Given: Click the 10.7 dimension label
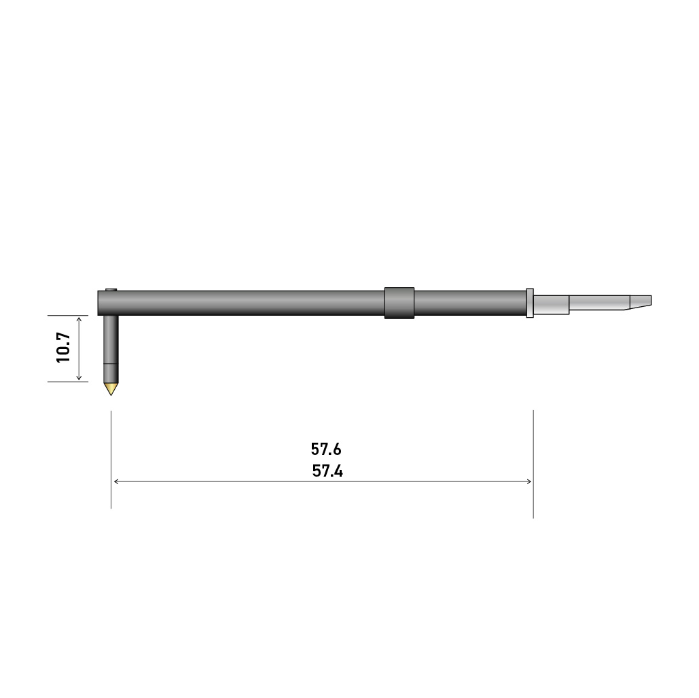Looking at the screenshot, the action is pyautogui.click(x=63, y=348).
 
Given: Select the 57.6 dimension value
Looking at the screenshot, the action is pyautogui.click(x=326, y=449).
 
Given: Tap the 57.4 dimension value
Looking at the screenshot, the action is pyautogui.click(x=327, y=471).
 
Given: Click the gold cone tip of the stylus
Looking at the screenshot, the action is pyautogui.click(x=111, y=388).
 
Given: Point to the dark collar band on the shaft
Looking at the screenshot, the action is pyautogui.click(x=399, y=303).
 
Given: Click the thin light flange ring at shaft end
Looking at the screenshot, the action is pyautogui.click(x=530, y=303).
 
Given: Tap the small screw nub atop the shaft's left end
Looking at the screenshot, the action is pyautogui.click(x=111, y=290).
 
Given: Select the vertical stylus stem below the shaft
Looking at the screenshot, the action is pyautogui.click(x=111, y=339).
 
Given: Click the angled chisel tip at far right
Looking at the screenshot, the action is pyautogui.click(x=641, y=301).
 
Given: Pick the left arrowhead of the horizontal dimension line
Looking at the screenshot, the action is pyautogui.click(x=116, y=481).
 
